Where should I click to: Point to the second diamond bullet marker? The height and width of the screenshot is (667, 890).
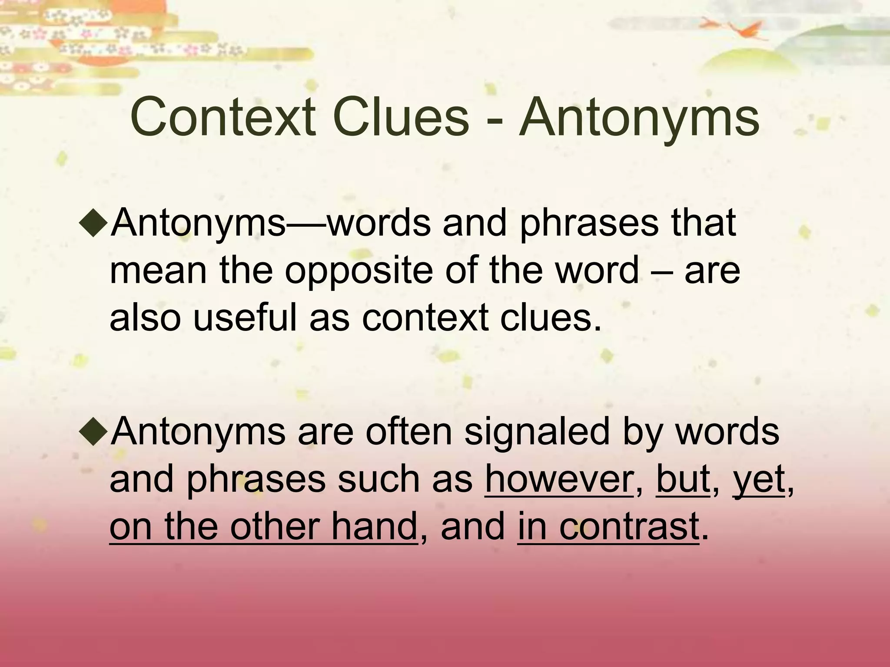(93, 433)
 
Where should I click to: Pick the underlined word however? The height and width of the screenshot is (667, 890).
(559, 479)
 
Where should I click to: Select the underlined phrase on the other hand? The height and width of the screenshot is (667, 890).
(263, 526)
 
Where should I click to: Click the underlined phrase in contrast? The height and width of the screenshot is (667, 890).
(608, 526)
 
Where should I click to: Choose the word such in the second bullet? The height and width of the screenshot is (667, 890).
(378, 479)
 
